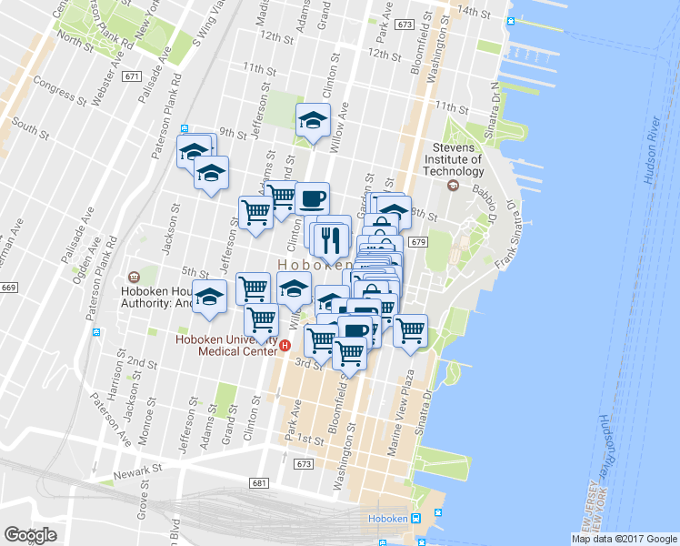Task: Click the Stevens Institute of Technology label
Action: tap(458, 159)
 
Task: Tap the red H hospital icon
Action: tap(285, 346)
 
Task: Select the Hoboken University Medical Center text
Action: tap(225, 346)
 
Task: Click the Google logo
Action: tap(30, 535)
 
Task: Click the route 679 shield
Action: tap(417, 242)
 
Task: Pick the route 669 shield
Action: tap(8, 288)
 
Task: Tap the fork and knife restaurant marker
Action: tap(332, 239)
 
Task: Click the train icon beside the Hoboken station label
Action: tap(415, 519)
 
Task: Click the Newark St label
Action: tap(136, 472)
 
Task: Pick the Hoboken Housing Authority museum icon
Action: tap(134, 277)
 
